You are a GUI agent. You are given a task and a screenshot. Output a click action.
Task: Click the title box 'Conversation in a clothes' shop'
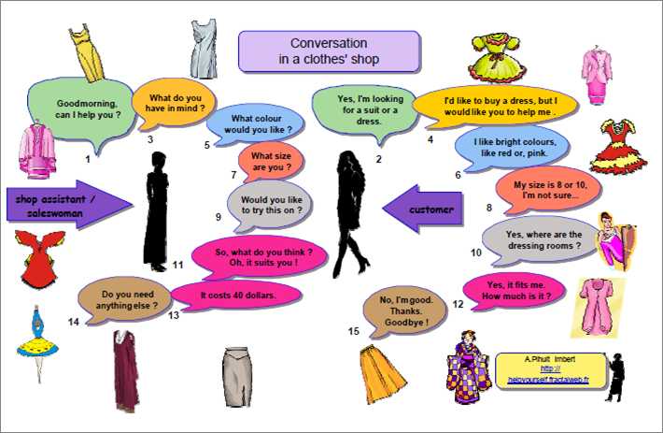click(x=329, y=51)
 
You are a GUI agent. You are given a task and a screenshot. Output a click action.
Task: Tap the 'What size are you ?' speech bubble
click(x=271, y=162)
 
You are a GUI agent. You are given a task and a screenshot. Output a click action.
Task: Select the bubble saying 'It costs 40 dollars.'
click(x=237, y=295)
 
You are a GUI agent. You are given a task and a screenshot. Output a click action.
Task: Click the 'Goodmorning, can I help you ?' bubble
click(x=81, y=111)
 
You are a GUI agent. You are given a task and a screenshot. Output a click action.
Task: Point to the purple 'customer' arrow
click(x=423, y=209)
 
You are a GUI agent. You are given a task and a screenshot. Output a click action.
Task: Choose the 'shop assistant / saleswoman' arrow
click(x=70, y=205)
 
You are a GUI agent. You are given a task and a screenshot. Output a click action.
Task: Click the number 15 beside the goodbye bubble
click(x=354, y=331)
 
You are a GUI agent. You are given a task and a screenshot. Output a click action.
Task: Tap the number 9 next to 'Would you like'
click(x=219, y=217)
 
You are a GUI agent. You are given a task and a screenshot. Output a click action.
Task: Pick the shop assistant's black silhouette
click(x=156, y=211)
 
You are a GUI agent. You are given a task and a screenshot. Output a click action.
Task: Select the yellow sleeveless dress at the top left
click(x=87, y=53)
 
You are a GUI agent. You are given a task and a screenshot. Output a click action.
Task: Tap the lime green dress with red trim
click(x=497, y=58)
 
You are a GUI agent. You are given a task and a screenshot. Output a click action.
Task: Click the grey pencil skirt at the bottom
click(x=237, y=376)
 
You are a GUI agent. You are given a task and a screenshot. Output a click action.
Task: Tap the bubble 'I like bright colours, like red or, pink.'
click(x=514, y=148)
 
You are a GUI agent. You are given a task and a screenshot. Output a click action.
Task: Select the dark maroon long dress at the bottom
click(x=125, y=370)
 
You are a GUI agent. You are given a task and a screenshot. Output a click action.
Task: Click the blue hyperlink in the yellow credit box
click(x=548, y=374)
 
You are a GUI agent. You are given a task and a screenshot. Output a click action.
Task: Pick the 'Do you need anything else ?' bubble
click(x=125, y=300)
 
